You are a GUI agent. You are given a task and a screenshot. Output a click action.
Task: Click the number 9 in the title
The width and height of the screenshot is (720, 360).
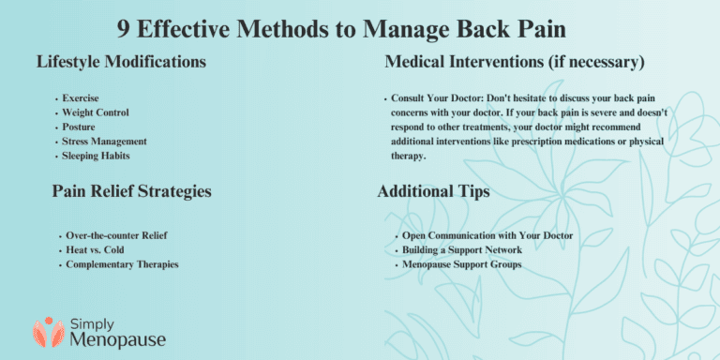(x=124, y=27)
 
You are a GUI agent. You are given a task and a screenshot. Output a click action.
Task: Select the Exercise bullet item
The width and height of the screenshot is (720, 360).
(x=81, y=97)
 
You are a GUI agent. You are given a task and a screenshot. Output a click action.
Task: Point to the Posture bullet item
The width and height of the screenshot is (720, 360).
(x=79, y=127)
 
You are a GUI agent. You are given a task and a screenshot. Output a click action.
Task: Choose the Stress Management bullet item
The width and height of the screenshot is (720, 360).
(x=104, y=141)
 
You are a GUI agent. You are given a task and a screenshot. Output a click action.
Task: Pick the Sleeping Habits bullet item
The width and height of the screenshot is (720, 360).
(x=97, y=155)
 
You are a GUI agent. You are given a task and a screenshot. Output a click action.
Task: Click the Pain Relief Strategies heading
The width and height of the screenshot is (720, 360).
(x=131, y=191)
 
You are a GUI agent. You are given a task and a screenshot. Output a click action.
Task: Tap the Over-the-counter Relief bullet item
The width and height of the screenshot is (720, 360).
(x=118, y=234)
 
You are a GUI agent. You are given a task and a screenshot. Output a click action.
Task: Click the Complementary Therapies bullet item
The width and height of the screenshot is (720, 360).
(x=122, y=264)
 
